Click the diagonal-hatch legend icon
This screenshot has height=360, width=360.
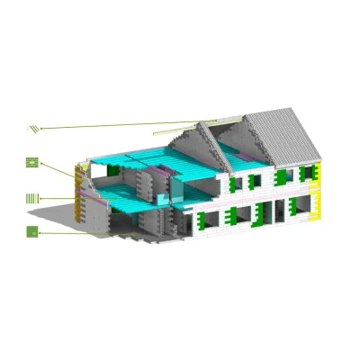(33, 129)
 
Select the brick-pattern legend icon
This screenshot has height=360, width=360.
(32, 163)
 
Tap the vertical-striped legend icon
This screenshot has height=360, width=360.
(32, 197)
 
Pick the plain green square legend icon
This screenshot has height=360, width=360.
(32, 231)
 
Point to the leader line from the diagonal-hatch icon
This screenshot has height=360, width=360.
(117, 125)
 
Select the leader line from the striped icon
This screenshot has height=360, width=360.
(58, 197)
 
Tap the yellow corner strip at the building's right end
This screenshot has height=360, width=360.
(318, 199)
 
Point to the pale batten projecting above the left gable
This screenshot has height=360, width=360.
(216, 120)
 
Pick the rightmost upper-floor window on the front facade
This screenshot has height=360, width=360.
(307, 174)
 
